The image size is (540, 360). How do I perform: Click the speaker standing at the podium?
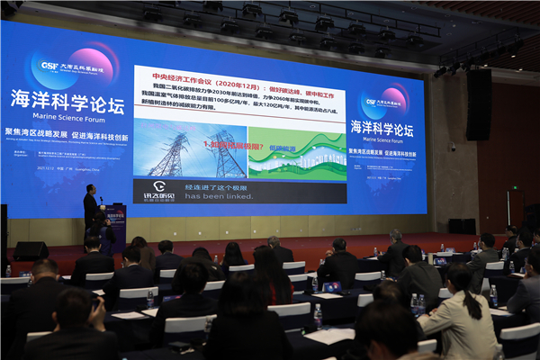[x=91, y=206]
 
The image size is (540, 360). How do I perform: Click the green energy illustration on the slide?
[x=297, y=153]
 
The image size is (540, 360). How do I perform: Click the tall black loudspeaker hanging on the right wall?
[x=478, y=105]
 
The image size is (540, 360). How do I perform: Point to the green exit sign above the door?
[x=515, y=190]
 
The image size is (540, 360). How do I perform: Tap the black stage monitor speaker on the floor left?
[x=31, y=250]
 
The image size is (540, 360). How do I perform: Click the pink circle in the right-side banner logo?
[x=394, y=97]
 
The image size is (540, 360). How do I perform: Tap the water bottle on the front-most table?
[x=318, y=316]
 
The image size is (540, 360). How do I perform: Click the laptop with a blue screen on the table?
[x=441, y=261]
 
